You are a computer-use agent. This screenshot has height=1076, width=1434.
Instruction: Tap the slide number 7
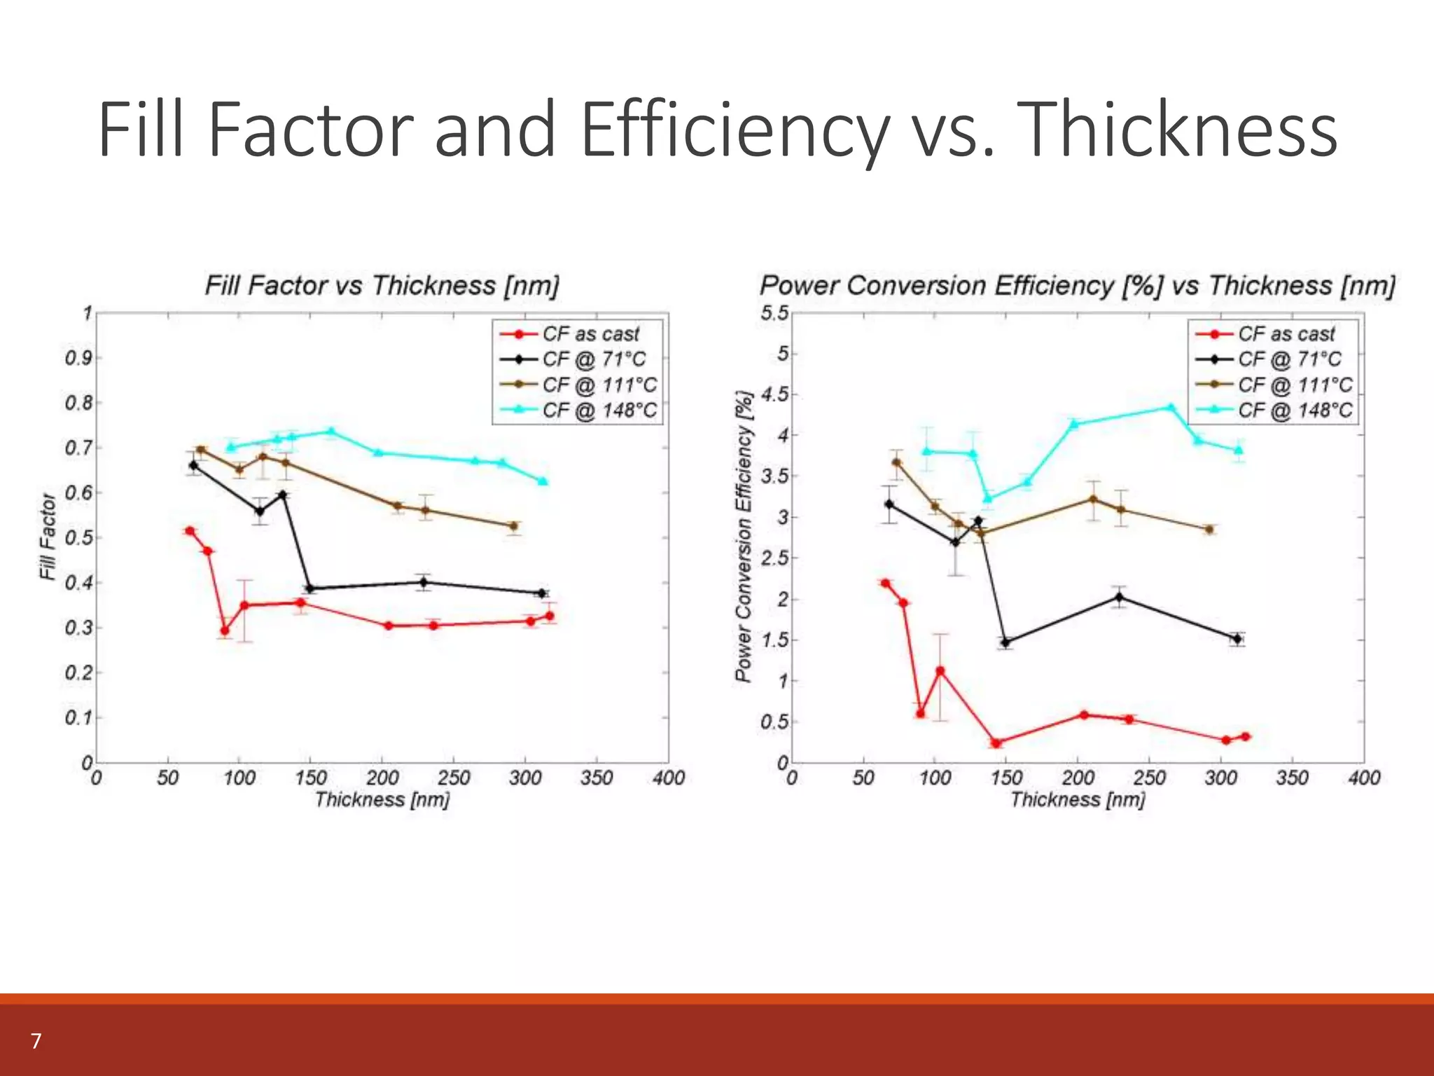point(36,1041)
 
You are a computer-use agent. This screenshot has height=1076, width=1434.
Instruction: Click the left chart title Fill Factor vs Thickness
point(382,286)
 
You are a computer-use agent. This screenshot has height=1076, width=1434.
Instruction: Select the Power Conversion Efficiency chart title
point(1077,286)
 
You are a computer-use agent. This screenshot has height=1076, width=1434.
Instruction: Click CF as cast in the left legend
point(590,334)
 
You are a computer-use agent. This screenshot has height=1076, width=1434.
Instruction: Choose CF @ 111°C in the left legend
point(599,385)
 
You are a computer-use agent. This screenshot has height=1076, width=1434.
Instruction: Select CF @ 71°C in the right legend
point(1289,359)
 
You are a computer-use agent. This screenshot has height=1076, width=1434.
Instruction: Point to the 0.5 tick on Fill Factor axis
point(78,538)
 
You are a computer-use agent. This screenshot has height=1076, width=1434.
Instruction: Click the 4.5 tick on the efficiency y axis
point(774,394)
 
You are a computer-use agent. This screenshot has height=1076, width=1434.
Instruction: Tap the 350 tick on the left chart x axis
point(597,778)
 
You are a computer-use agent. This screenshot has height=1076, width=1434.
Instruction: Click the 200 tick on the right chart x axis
point(1078,778)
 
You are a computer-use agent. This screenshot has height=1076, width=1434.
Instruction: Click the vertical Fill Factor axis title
point(47,537)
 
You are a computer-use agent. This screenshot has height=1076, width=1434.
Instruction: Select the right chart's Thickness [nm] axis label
point(1078,799)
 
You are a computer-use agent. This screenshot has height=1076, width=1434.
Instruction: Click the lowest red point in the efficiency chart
point(996,743)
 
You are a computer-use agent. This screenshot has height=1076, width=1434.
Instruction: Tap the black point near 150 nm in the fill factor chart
point(309,588)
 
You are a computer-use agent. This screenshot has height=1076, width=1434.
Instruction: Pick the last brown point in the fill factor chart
point(513,526)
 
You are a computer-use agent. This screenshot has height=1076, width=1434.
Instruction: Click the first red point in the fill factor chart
point(189,531)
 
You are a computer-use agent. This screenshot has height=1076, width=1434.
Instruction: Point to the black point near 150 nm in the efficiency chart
point(1005,642)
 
